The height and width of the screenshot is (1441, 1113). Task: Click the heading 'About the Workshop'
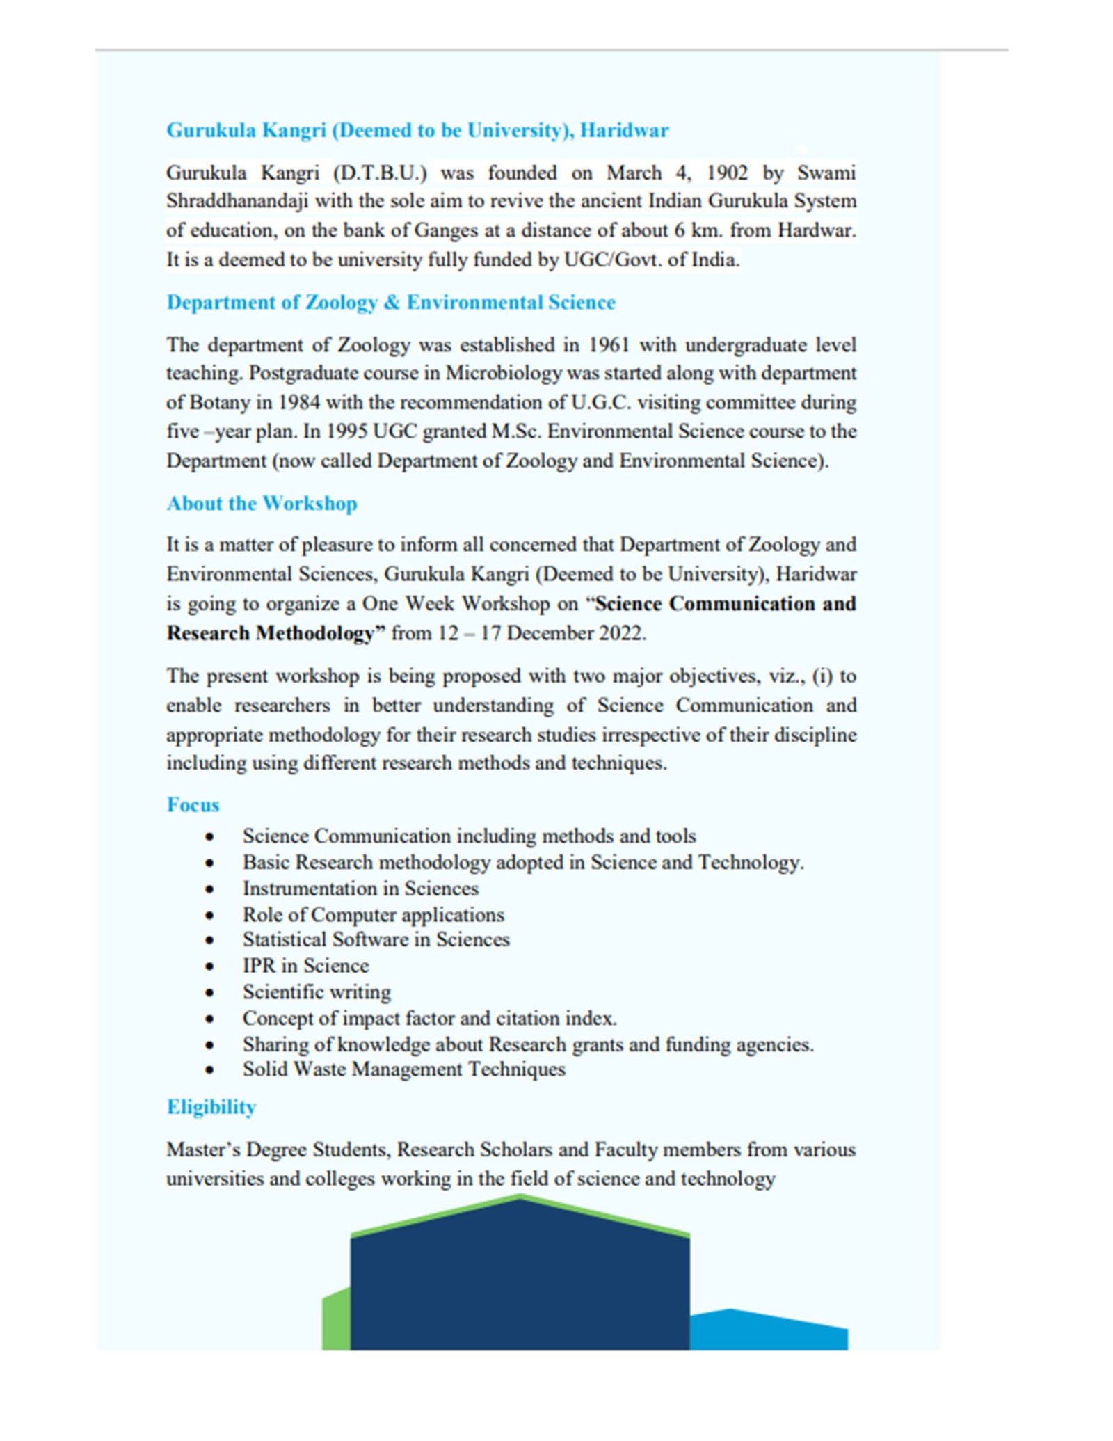(262, 503)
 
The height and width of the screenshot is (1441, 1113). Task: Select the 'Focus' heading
(193, 805)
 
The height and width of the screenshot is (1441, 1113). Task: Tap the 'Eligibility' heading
(211, 1107)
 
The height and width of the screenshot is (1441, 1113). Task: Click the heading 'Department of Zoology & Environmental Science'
(391, 303)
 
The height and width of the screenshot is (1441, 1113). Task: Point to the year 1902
(727, 173)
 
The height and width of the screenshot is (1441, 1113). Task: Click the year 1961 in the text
(609, 345)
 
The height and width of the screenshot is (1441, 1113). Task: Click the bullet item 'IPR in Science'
(305, 966)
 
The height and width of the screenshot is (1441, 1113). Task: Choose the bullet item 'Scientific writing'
(317, 992)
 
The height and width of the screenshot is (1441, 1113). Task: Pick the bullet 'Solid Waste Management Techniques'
(403, 1069)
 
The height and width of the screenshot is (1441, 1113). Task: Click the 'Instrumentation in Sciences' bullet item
(360, 889)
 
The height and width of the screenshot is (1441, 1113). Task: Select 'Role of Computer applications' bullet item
(373, 915)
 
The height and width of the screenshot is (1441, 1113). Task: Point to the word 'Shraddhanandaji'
(237, 201)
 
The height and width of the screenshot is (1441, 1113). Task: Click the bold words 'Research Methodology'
(274, 633)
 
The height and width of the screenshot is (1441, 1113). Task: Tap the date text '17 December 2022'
(563, 633)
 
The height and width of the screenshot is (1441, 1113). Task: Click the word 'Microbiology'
(504, 374)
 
